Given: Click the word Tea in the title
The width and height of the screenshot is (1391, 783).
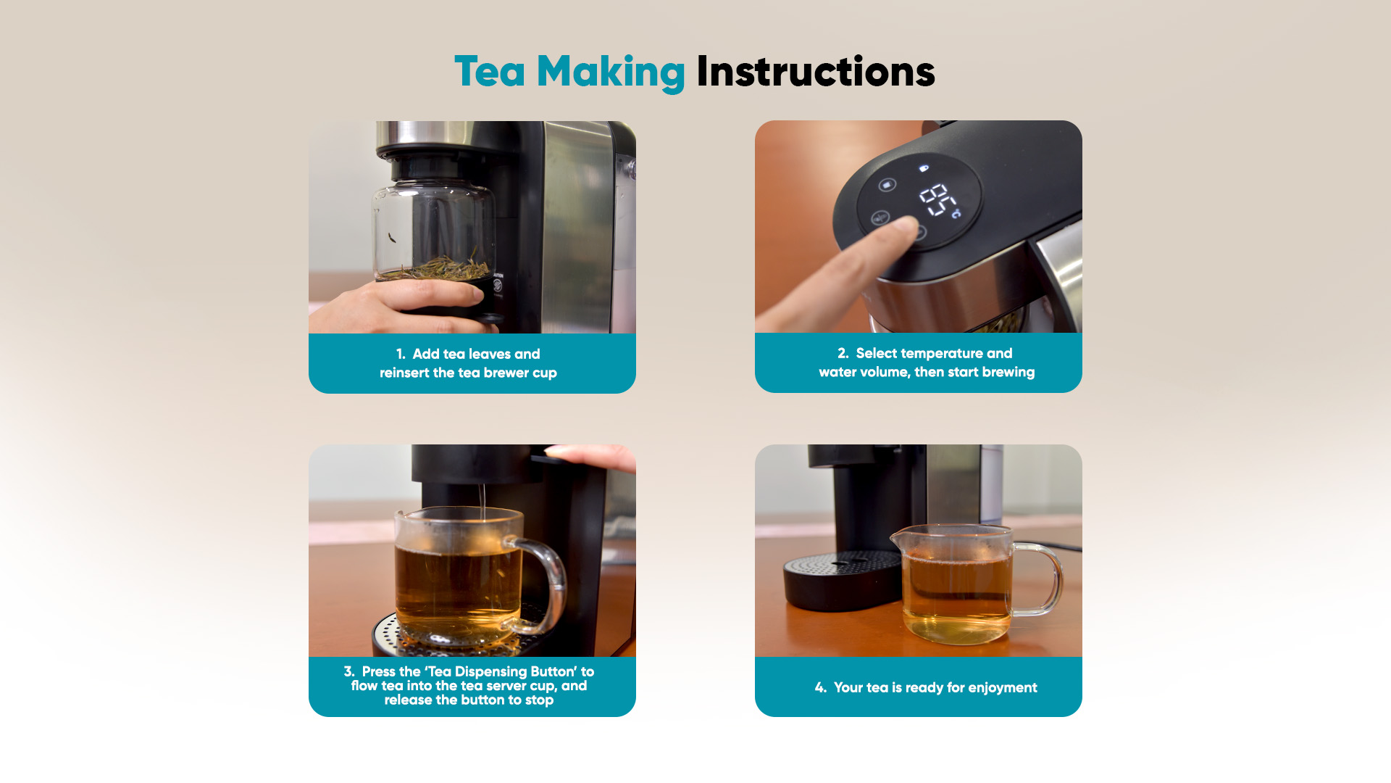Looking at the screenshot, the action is point(490,72).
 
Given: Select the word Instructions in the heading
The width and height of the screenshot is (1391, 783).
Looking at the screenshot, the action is point(816,72).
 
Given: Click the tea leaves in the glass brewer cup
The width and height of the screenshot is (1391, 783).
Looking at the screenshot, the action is point(435,267).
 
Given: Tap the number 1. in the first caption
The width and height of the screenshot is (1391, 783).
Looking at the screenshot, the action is point(401,355).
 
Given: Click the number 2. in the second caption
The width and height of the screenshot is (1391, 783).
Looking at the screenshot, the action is point(843,353).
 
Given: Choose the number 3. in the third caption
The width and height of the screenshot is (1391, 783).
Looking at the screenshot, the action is point(349,671).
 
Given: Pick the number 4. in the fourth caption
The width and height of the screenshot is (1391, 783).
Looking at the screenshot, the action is point(821,687).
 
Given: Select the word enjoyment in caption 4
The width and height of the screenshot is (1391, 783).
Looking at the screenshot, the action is point(1003,688).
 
